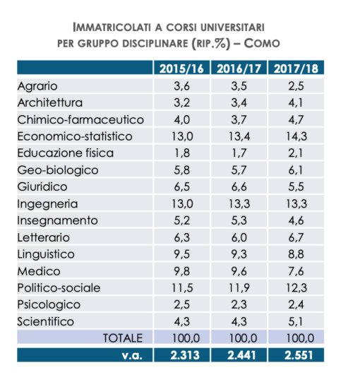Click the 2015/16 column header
pos(181,68)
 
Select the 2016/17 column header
pos(239,68)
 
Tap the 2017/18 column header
pos(296,68)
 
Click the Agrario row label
pos(37,86)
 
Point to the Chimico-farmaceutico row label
pos(80,119)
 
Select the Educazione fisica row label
pos(66,153)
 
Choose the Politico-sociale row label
pos(59,288)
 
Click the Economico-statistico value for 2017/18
pos(296,136)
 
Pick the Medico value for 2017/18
pos(296,271)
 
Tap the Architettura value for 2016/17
pos(239,102)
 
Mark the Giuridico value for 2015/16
pos(181,187)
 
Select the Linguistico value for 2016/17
pos(239,254)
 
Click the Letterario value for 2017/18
pos(296,237)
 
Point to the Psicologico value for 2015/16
pos(181,304)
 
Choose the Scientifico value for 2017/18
pos(296,321)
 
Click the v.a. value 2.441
pos(241,355)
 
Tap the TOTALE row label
pos(123,338)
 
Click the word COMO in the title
pos(262,44)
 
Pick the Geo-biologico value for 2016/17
pos(239,170)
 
